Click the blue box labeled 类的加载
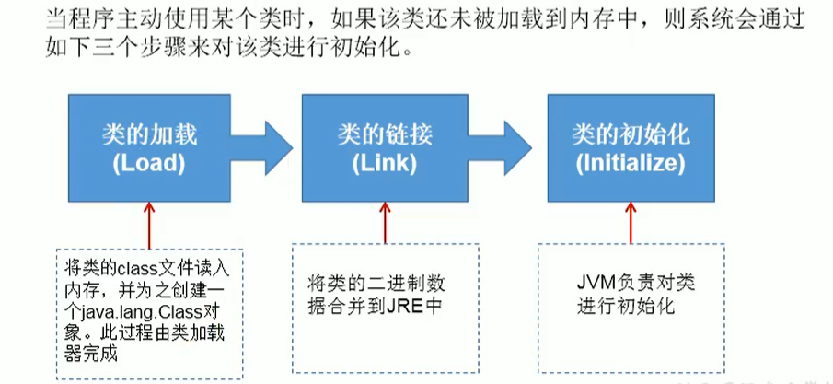149,148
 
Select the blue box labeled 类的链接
385,148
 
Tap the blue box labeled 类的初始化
631,148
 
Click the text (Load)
149,164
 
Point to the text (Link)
385,164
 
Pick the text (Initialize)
631,164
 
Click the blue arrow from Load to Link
261,148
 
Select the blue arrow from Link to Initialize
500,148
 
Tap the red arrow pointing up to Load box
149,226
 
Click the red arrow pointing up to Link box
385,223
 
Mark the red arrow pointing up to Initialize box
631,223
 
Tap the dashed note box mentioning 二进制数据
385,308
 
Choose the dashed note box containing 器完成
149,314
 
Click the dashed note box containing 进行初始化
631,308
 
